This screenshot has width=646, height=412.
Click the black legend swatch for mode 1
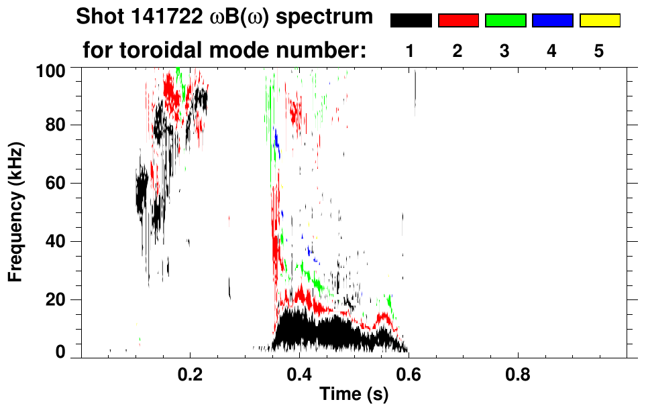coord(411,20)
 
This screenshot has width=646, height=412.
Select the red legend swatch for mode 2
coord(458,20)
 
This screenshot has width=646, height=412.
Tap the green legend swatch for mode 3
coord(505,20)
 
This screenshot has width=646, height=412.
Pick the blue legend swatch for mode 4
coord(552,20)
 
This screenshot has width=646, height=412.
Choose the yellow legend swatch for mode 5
coord(599,20)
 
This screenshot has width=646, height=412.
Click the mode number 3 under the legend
coord(505,51)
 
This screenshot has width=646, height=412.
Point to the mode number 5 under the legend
coord(599,51)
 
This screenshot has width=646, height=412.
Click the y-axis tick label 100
coord(50,70)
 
